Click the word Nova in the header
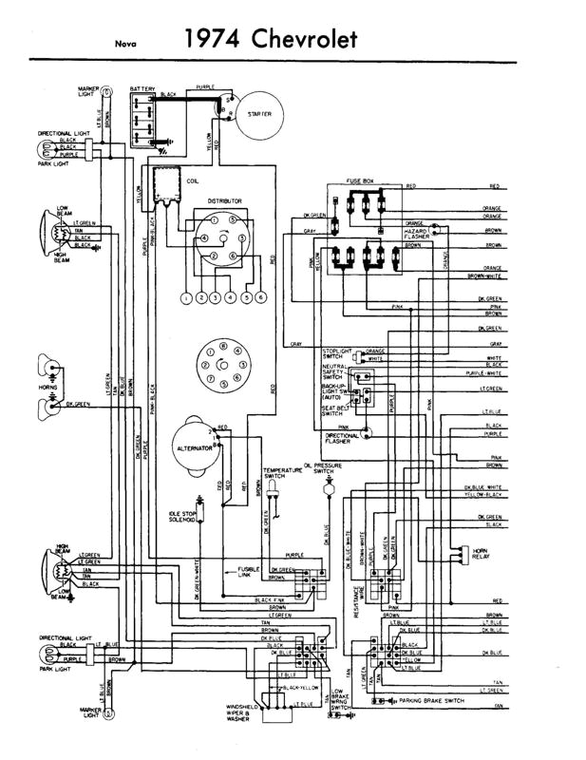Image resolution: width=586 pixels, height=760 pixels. [123, 43]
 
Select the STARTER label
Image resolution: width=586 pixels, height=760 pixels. [259, 114]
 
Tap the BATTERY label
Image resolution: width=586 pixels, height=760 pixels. [142, 87]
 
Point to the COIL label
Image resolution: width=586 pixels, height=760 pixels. [192, 179]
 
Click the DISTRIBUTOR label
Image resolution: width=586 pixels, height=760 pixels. [225, 201]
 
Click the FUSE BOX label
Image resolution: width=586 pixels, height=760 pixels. [361, 180]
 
